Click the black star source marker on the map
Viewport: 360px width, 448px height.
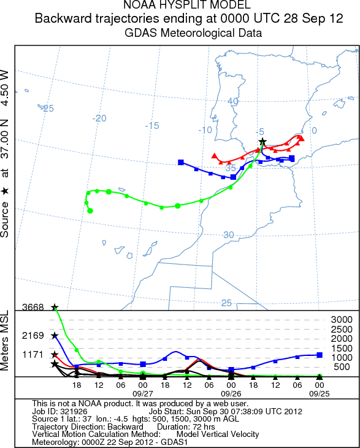pyautogui.click(x=262, y=142)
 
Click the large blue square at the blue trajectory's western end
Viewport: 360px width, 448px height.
pyautogui.click(x=181, y=162)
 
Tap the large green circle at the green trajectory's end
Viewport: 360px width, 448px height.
pyautogui.click(x=90, y=211)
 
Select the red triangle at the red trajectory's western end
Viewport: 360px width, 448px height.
pyautogui.click(x=213, y=156)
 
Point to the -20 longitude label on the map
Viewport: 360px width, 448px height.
pyautogui.click(x=99, y=118)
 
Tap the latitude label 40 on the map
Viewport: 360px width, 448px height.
pyautogui.click(x=232, y=101)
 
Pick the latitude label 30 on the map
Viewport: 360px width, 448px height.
pyautogui.click(x=229, y=234)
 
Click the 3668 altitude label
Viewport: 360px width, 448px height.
pyautogui.click(x=33, y=307)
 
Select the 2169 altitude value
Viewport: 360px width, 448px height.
pyautogui.click(x=33, y=336)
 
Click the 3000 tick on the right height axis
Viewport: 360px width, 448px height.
pyautogui.click(x=342, y=320)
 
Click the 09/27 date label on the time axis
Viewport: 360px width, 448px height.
pyautogui.click(x=142, y=393)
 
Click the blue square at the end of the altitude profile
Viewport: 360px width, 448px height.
pyautogui.click(x=320, y=355)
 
